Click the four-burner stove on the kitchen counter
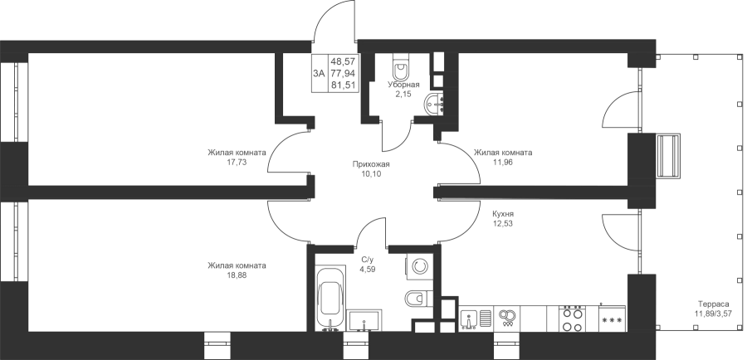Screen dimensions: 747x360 point(572,319)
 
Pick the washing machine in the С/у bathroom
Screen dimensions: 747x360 point(419,266)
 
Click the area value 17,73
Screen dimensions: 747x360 point(237,162)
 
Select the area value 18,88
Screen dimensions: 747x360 point(237,275)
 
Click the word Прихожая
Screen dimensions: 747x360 point(371,165)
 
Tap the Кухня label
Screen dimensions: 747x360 point(504,214)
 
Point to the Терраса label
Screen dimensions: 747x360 point(713,304)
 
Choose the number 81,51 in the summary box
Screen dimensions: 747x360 point(346,85)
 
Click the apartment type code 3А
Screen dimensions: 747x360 point(320,73)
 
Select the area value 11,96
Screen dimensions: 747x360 point(503,162)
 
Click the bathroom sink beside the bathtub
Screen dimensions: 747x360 point(364,320)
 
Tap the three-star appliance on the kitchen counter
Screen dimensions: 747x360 point(613,319)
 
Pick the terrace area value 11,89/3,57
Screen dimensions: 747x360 point(713,314)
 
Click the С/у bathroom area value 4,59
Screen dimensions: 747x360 point(368,269)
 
